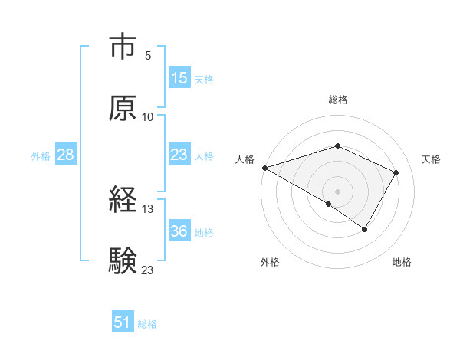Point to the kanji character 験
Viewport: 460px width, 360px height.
pyautogui.click(x=123, y=260)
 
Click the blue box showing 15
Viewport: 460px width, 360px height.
pyautogui.click(x=179, y=78)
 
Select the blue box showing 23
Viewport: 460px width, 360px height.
pyautogui.click(x=179, y=155)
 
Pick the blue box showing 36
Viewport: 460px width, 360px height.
pyautogui.click(x=179, y=231)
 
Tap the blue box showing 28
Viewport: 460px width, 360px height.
pyautogui.click(x=66, y=155)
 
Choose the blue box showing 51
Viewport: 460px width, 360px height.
pyautogui.click(x=123, y=322)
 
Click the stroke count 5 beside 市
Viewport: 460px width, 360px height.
pyautogui.click(x=148, y=55)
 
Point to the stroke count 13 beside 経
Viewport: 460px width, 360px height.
pyautogui.click(x=148, y=208)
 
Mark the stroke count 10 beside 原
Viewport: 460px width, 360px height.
pyautogui.click(x=148, y=116)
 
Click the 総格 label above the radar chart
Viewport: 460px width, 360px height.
pyautogui.click(x=338, y=100)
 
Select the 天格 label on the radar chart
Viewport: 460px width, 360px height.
pyautogui.click(x=432, y=159)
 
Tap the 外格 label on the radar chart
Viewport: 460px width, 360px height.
pyautogui.click(x=270, y=263)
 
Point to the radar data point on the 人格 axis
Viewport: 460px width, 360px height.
pyautogui.click(x=264, y=168)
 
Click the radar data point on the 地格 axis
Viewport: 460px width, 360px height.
pyautogui.click(x=365, y=229)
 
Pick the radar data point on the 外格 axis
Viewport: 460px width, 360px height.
pyautogui.click(x=329, y=204)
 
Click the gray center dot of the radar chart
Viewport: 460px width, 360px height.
pyautogui.click(x=338, y=191)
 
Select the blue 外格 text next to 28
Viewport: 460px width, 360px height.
pyautogui.click(x=41, y=155)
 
